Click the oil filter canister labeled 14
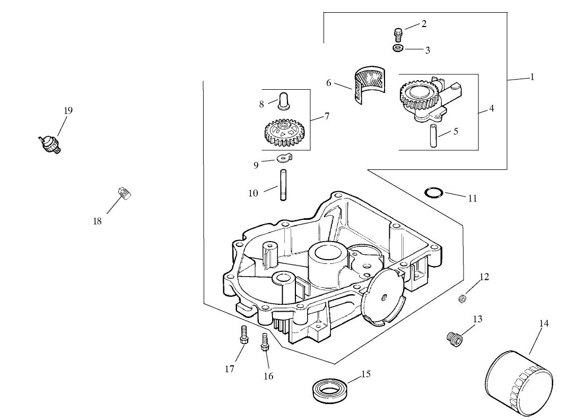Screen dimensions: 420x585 click(x=519, y=381)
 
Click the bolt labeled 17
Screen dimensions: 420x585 click(x=243, y=336)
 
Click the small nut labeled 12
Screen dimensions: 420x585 click(x=462, y=299)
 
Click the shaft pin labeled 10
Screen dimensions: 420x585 click(x=283, y=184)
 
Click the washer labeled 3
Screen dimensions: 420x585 click(x=398, y=48)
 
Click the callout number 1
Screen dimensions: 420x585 click(x=532, y=77)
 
